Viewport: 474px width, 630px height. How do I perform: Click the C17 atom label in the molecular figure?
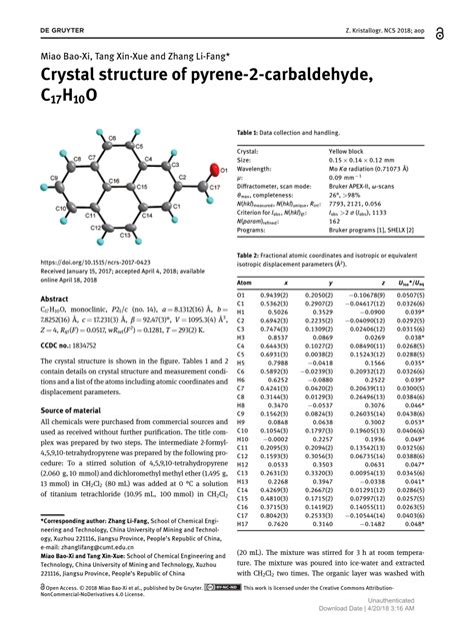pos(214,187)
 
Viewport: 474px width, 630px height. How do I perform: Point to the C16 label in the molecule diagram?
pos(114,181)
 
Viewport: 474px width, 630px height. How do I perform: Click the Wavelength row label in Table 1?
pos(263,170)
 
